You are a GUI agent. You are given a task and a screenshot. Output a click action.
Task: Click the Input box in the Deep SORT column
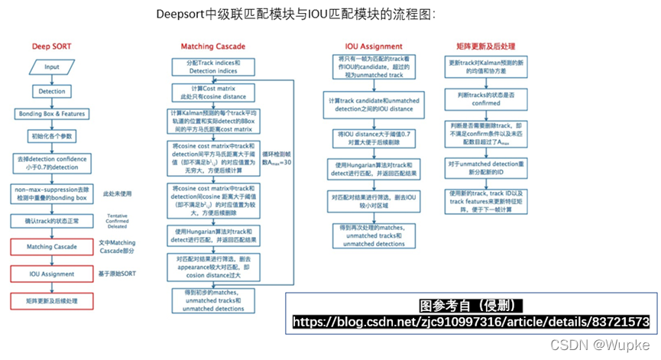pyautogui.click(x=51, y=67)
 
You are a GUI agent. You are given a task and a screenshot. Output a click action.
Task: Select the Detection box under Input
pyautogui.click(x=51, y=91)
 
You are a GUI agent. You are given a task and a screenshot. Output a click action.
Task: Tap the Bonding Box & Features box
pyautogui.click(x=51, y=114)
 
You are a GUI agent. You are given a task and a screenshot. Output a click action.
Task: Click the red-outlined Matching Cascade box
pyautogui.click(x=51, y=247)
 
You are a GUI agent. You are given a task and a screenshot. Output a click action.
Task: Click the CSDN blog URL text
pyautogui.click(x=471, y=322)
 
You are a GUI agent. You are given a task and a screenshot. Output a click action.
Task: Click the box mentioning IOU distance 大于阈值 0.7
pyautogui.click(x=374, y=138)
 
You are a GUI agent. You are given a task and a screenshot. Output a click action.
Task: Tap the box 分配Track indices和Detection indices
pyautogui.click(x=215, y=66)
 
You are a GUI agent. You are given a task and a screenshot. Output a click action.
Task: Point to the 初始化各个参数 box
pyautogui.click(x=51, y=135)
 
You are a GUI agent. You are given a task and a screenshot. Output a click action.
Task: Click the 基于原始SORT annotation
pyautogui.click(x=118, y=272)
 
